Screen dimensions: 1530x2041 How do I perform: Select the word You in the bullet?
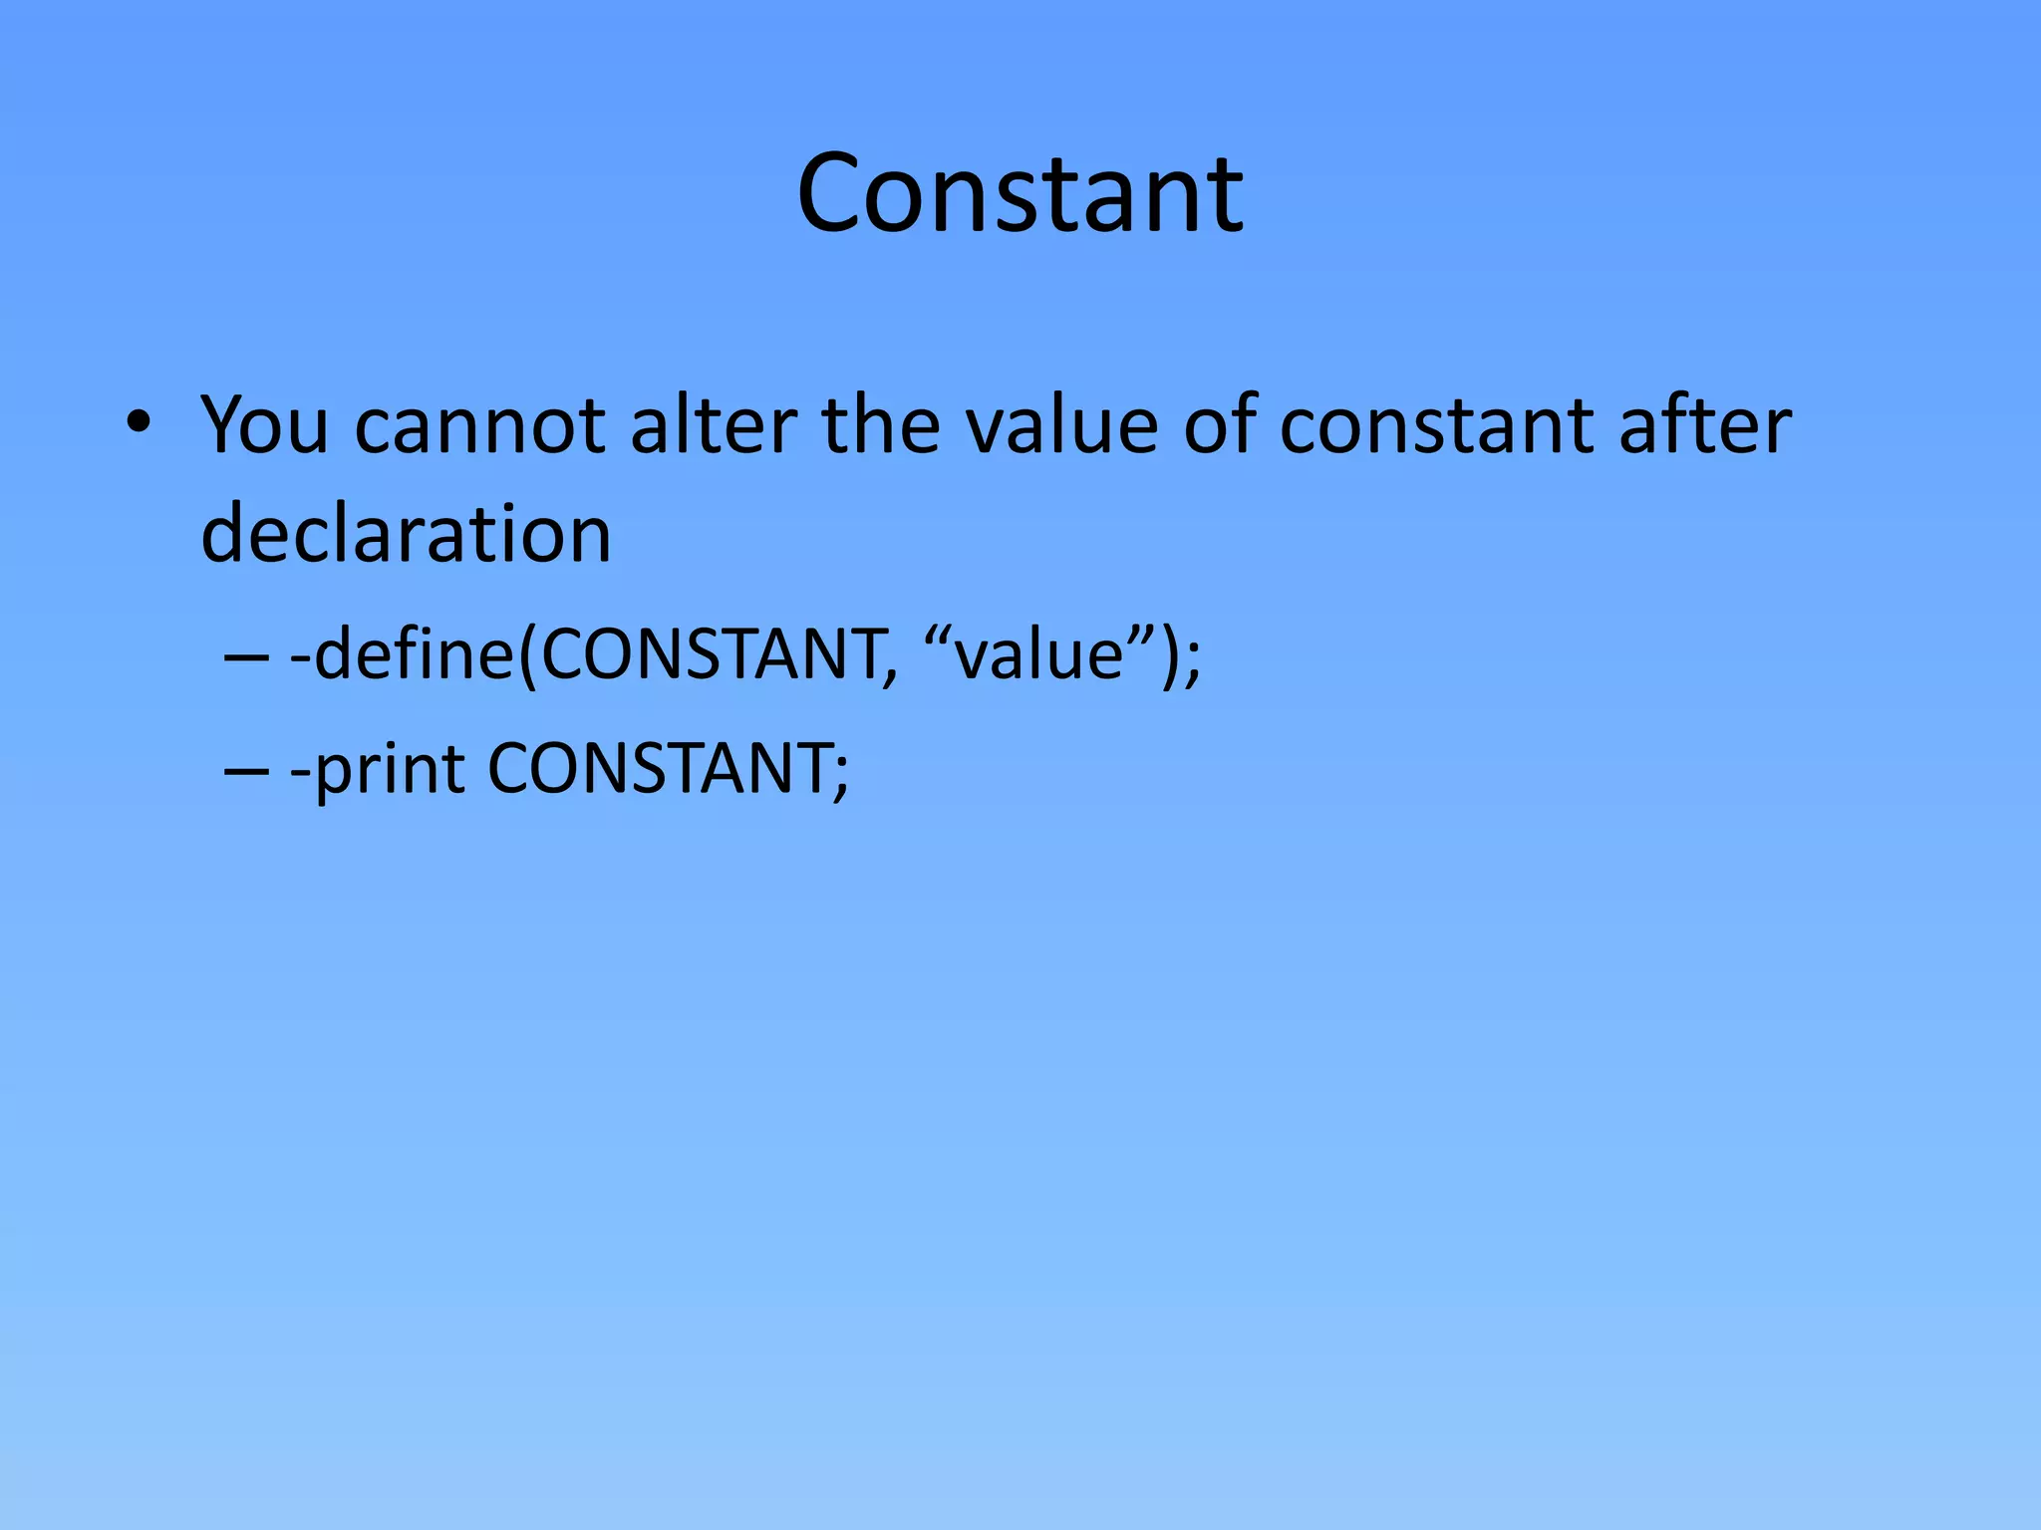click(x=264, y=425)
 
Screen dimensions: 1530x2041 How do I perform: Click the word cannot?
click(x=479, y=425)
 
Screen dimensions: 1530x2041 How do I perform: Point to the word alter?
click(x=713, y=425)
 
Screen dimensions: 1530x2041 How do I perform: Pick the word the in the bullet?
click(x=881, y=425)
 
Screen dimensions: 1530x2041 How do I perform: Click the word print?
click(x=390, y=771)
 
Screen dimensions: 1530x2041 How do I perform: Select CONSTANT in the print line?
click(x=658, y=769)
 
